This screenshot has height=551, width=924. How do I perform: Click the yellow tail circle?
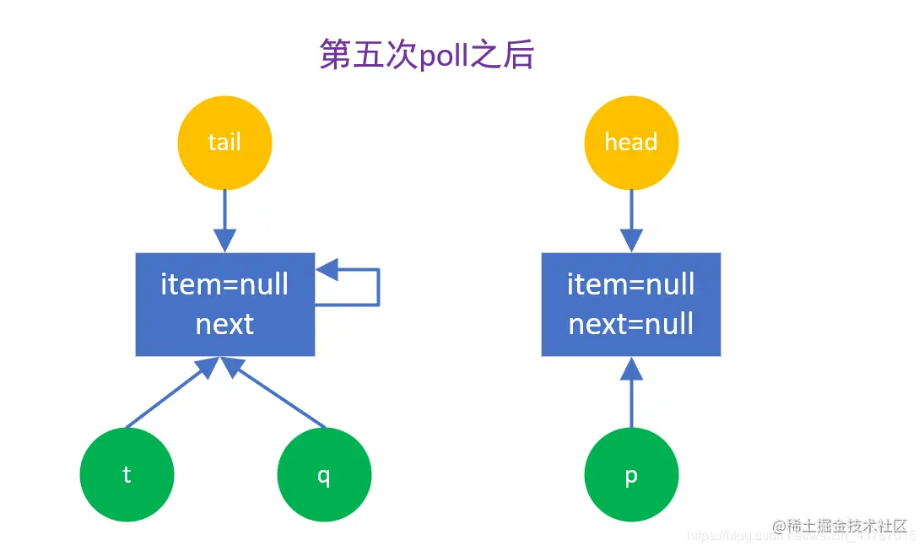[224, 142]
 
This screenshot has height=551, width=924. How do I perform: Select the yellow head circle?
[631, 142]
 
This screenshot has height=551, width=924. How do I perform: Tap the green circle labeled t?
[127, 475]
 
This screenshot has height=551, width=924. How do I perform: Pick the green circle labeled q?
[324, 475]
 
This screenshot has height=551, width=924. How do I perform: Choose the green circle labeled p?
[631, 475]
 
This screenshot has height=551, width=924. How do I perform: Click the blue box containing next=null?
[631, 304]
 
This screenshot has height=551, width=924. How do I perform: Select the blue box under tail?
[224, 304]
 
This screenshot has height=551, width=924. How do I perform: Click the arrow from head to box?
[631, 219]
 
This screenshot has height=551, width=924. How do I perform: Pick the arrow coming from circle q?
[278, 395]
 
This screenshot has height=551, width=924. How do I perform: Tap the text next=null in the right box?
[631, 324]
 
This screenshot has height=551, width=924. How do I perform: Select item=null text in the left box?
[224, 284]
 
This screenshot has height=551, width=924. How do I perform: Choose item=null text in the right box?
[631, 284]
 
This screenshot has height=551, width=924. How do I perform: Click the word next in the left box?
[224, 324]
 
